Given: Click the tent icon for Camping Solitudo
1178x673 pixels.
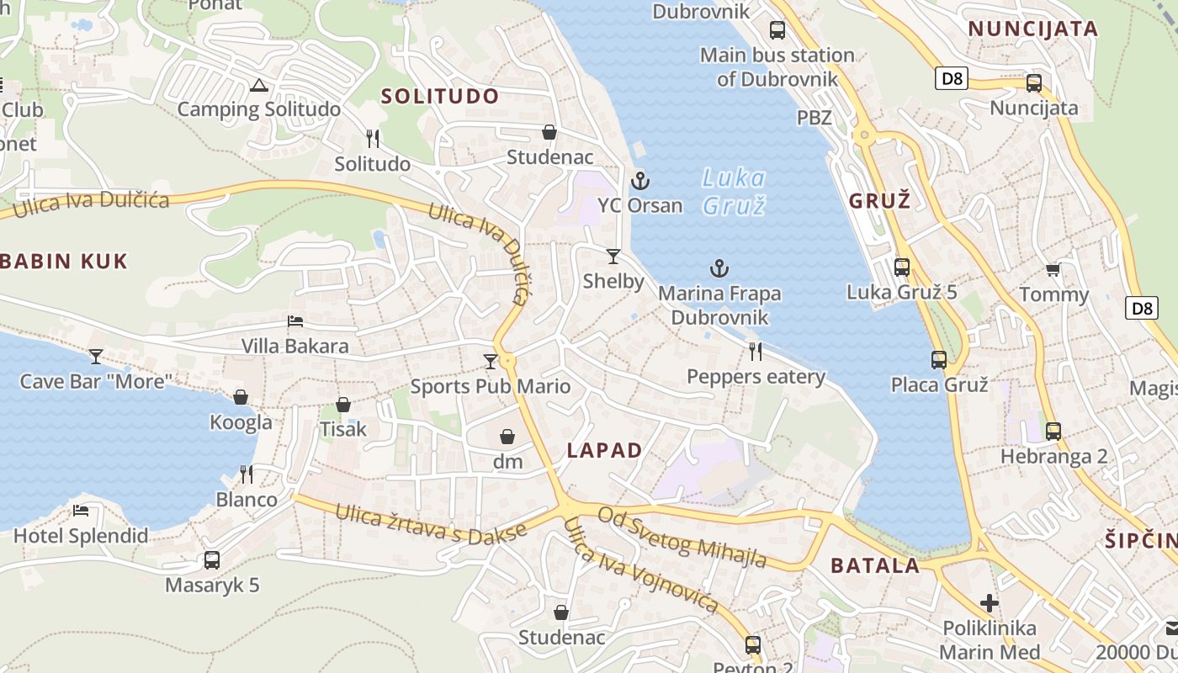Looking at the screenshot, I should point(258,85).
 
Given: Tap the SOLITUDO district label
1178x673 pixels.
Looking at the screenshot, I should point(440,96).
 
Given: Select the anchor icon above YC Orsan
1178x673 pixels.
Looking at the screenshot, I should point(640,181).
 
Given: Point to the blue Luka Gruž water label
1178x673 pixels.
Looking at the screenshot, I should point(734,191).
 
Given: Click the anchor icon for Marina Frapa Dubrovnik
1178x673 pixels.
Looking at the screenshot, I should point(719,269).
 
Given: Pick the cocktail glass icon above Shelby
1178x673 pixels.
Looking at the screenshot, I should point(613,257).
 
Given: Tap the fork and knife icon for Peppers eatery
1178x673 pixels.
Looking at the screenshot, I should point(756,352).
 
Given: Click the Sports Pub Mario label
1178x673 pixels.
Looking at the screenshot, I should point(490,387).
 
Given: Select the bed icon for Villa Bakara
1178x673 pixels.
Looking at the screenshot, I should point(294,321).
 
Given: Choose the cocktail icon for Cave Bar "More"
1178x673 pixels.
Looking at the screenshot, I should point(96,357).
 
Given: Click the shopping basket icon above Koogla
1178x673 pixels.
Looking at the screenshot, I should point(241,397).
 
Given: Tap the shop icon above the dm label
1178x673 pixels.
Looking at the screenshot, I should point(507,437).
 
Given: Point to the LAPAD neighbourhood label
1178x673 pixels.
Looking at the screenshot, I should point(604,450).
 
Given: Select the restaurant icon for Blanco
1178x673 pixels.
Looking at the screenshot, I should point(247,474).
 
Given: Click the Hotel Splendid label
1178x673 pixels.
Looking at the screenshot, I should point(81,536).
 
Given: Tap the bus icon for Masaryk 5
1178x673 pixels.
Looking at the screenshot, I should point(212,560).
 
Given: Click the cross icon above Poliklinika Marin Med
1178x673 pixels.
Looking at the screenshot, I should point(990,603).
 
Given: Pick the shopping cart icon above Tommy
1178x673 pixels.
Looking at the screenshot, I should point(1053,270).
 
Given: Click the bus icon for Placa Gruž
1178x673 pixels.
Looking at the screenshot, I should point(939,360).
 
